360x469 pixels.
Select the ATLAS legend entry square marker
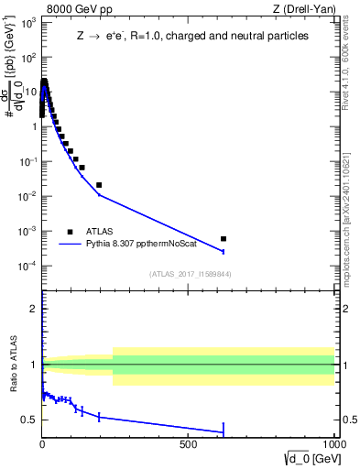point(70,232)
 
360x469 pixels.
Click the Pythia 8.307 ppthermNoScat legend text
point(143,245)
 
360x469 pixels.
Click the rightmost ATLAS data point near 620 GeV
point(224,238)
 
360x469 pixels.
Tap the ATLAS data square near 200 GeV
point(99,185)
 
